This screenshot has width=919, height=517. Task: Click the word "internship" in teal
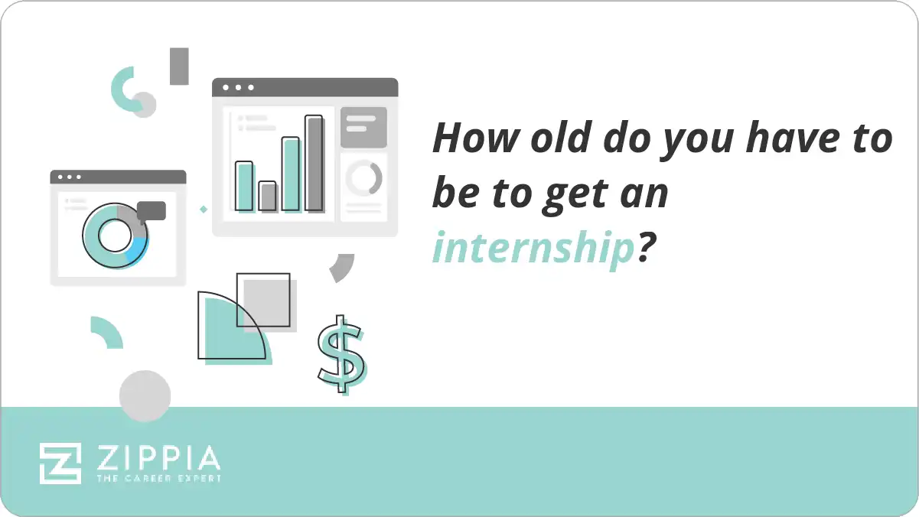pos(533,247)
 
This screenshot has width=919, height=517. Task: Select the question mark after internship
pos(647,247)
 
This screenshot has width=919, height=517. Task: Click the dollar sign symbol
pos(341,353)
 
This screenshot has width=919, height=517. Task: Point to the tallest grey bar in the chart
pos(314,163)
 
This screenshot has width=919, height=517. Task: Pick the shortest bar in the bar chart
pos(267,196)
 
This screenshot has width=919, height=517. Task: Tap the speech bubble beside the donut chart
pos(152,211)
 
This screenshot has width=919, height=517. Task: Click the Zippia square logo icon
pos(60,463)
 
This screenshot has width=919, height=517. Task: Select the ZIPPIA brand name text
pos(158,459)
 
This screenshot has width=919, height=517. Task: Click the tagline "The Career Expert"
pos(158,479)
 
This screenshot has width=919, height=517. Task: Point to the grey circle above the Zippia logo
pos(145,395)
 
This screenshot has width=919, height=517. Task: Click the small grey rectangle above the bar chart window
pos(179,66)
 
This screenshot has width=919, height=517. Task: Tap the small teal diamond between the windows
pos(204,209)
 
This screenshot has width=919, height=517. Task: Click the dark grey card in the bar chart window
pos(363,127)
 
